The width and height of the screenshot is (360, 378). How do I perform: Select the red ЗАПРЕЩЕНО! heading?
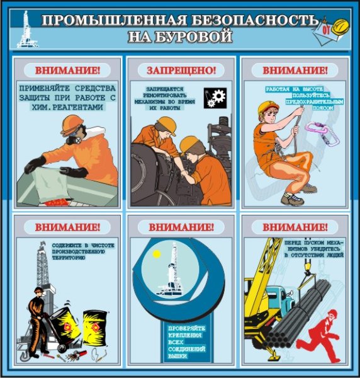point(181,69)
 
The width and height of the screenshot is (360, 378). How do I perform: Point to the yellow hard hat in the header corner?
point(340,26)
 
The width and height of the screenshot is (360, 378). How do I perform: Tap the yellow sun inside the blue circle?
point(155,255)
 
